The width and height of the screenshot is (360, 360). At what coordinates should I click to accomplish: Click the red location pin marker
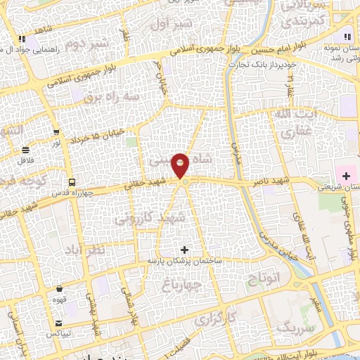[181, 165]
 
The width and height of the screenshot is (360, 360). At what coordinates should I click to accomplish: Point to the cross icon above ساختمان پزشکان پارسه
[185, 250]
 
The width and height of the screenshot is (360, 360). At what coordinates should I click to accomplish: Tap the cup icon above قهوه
[60, 288]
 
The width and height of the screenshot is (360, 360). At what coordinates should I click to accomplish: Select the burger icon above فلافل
[26, 150]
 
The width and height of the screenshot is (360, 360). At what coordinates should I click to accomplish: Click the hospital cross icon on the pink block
[346, 174]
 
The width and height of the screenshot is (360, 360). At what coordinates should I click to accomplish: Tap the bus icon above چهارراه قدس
[71, 178]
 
